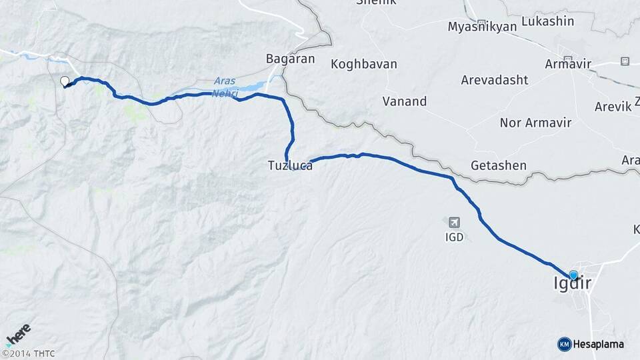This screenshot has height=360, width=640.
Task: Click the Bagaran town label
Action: click(290, 59)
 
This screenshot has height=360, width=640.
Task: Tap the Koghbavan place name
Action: click(364, 65)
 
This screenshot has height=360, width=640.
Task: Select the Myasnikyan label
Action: click(482, 27)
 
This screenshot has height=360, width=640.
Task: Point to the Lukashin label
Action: click(548, 21)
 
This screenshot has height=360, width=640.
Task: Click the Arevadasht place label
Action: click(495, 80)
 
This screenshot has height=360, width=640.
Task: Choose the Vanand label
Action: click(405, 101)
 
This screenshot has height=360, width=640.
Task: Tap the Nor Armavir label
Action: click(533, 123)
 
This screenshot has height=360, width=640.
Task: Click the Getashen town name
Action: click(499, 165)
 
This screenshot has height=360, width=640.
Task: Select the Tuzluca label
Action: click(290, 166)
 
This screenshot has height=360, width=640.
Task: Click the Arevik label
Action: click(613, 107)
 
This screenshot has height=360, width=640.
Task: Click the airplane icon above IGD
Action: click(455, 222)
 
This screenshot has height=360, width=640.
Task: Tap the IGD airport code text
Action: click(455, 237)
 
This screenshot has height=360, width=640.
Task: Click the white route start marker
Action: click(65, 82)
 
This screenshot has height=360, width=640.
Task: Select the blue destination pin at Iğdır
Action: click(573, 275)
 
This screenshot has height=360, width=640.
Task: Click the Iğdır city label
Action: click(572, 284)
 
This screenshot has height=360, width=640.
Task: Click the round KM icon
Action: click(565, 344)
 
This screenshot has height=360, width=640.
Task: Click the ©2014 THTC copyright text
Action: click(28, 353)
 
